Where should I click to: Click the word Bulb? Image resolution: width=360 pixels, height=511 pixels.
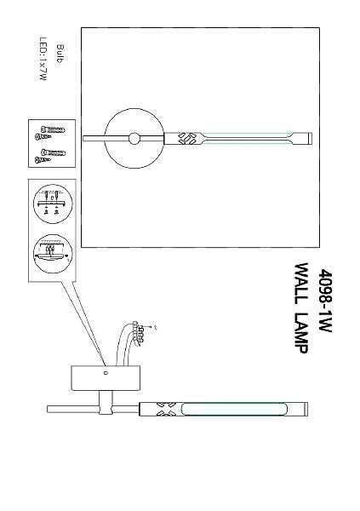(60, 54)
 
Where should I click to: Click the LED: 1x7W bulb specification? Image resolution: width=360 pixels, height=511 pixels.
(43, 59)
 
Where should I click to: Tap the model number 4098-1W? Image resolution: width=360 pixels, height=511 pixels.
(325, 300)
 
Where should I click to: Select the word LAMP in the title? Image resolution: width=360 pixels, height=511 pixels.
(300, 333)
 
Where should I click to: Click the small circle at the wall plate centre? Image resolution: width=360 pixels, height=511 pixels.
(134, 139)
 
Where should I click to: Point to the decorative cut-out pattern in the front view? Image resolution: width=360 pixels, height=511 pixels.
(187, 139)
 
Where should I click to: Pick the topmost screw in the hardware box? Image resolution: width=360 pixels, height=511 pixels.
(53, 129)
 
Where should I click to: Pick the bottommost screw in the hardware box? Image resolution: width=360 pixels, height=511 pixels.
(43, 160)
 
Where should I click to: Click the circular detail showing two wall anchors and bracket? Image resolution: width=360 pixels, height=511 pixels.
(53, 204)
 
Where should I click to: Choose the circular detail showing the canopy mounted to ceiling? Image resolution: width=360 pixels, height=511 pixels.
(53, 254)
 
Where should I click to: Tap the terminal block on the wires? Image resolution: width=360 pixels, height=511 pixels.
(139, 333)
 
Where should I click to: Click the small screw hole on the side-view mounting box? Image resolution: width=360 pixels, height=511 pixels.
(106, 373)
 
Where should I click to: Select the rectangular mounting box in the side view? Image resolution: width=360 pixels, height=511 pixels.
(106, 378)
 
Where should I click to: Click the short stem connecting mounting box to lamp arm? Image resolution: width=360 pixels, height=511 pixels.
(106, 403)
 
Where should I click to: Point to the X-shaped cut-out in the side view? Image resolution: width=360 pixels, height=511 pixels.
(166, 409)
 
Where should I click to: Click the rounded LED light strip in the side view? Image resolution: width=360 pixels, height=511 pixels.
(234, 409)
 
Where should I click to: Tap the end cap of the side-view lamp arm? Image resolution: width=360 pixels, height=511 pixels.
(306, 409)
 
